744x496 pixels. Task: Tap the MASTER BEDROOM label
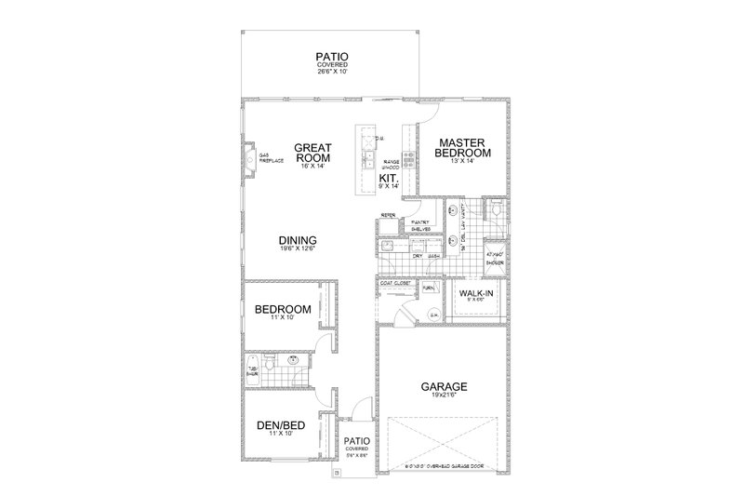[x=465, y=148]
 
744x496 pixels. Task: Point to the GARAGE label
[x=444, y=386]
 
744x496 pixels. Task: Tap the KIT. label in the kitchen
[x=389, y=174]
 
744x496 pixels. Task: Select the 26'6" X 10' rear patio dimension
[x=330, y=72]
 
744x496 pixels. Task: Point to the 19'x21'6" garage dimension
[x=444, y=396]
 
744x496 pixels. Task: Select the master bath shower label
[x=497, y=259]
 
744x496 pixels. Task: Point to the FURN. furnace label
[x=429, y=288]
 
